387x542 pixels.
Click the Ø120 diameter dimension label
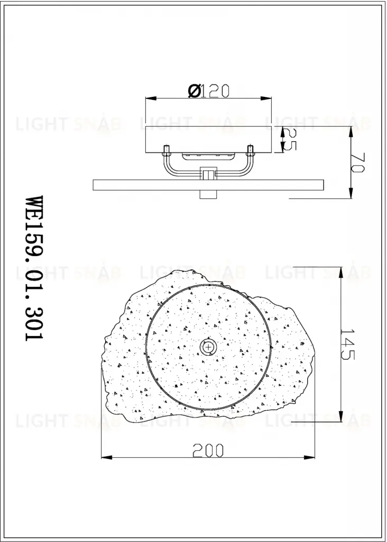(x=208, y=91)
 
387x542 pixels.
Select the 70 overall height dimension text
(x=357, y=163)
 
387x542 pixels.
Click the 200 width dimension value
(x=208, y=450)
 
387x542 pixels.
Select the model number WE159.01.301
(x=34, y=268)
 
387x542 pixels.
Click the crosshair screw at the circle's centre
(x=208, y=347)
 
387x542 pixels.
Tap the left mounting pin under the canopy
(x=166, y=150)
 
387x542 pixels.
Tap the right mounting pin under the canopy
(x=250, y=150)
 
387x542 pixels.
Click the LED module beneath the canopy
(x=208, y=157)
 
